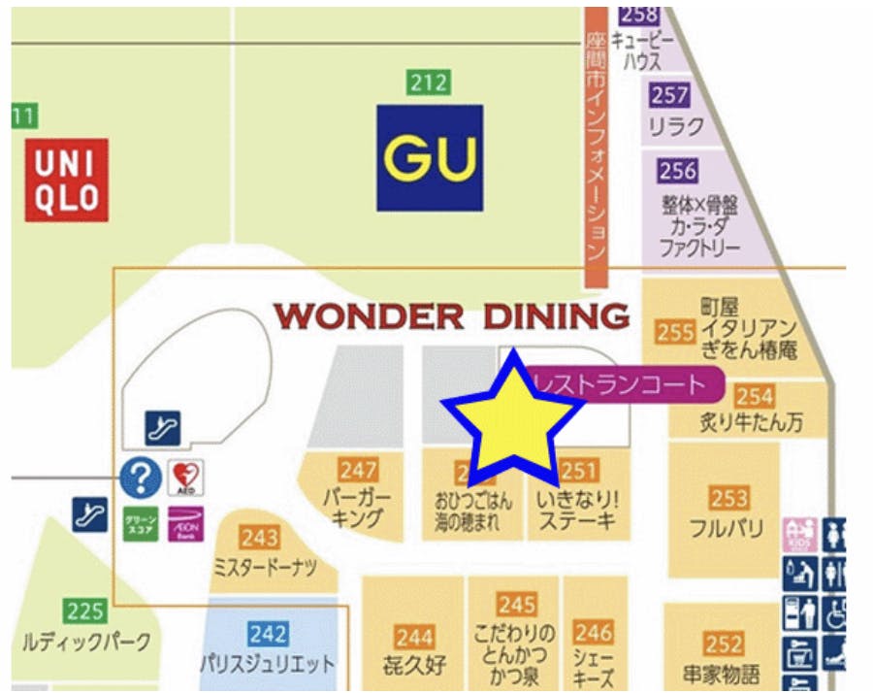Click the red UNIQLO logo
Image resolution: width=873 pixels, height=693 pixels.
click(x=66, y=180)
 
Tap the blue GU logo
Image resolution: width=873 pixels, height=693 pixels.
click(x=430, y=157)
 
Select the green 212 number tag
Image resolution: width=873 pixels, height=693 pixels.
click(x=429, y=82)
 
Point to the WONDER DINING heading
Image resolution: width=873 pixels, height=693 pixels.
click(x=451, y=316)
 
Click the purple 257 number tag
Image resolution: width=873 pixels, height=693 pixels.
click(x=670, y=95)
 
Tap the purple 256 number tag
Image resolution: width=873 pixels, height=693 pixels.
click(x=677, y=171)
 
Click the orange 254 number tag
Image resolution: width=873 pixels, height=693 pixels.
click(x=754, y=396)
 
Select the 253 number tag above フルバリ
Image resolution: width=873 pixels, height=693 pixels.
click(x=728, y=498)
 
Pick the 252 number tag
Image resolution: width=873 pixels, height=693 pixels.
click(x=724, y=643)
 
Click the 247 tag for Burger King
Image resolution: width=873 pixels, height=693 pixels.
click(x=358, y=470)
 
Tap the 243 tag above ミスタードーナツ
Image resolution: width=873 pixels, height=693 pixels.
click(x=260, y=538)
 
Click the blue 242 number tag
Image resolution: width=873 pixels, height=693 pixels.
click(x=267, y=633)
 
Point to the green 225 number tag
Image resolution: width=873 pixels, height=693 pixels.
click(x=85, y=611)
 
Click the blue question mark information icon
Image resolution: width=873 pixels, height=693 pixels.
click(x=141, y=478)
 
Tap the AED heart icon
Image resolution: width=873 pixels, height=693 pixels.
click(x=185, y=478)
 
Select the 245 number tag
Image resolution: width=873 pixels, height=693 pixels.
click(x=517, y=605)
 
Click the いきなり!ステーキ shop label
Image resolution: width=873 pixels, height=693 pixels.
click(x=578, y=511)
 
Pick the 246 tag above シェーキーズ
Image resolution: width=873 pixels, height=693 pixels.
click(x=593, y=633)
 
